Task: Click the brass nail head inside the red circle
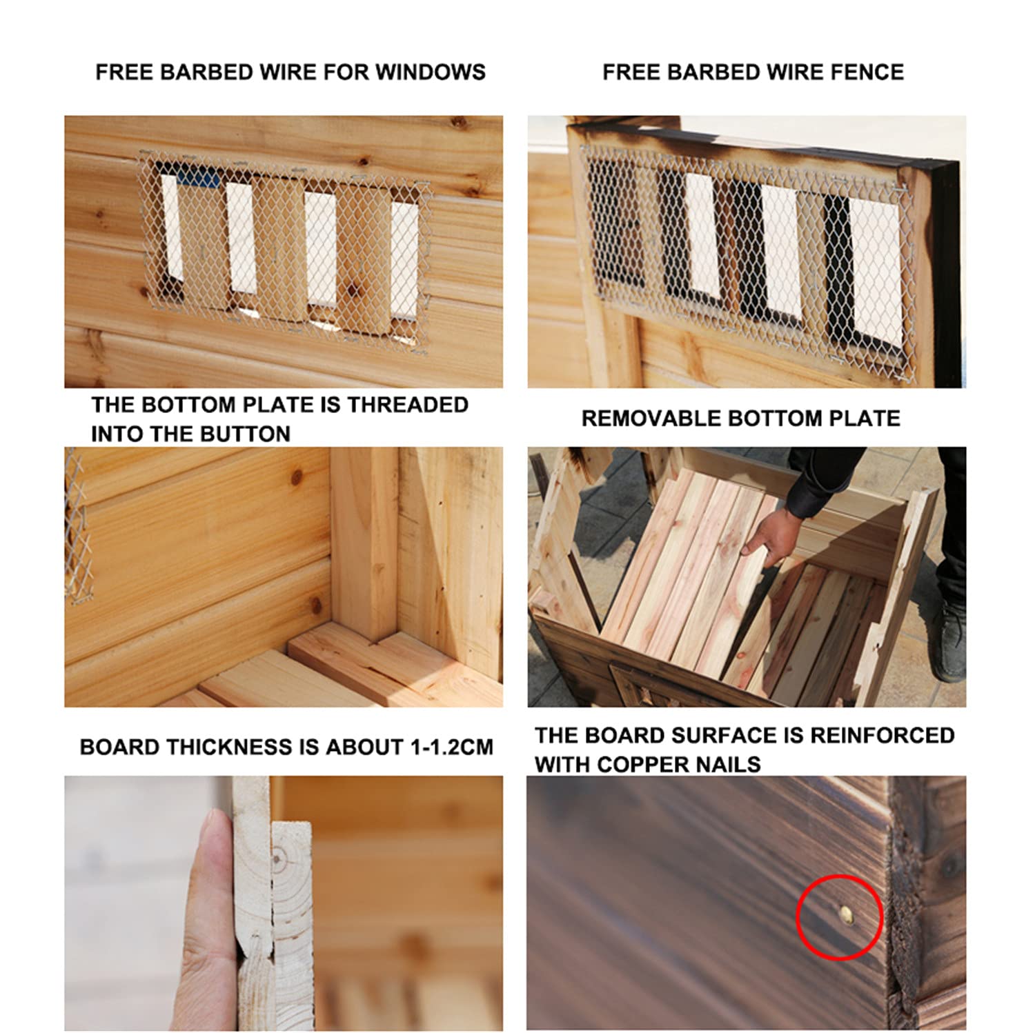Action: [846, 915]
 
